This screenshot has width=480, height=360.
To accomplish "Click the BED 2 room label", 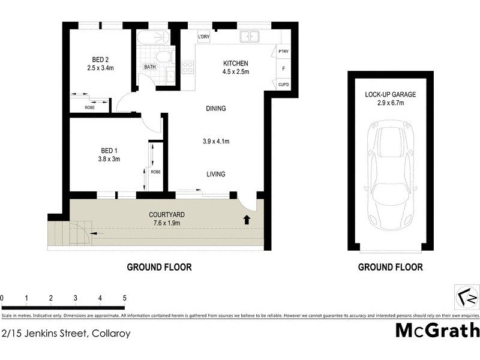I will point(100,59).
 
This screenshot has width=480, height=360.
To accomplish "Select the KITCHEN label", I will point(236,64).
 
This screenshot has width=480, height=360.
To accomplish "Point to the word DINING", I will point(215,109).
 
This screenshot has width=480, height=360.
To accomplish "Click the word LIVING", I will point(215,175).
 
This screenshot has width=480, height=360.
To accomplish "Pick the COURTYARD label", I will point(166,215).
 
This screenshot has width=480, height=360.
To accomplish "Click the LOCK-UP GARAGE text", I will point(391,95).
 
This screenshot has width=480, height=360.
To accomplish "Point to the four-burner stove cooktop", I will point(187,68).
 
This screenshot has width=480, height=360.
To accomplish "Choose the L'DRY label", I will point(203,38).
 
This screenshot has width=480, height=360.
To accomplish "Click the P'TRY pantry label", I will point(284,53).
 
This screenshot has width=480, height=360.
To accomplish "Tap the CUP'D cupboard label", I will point(284,85).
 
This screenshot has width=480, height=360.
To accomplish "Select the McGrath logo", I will point(437,330).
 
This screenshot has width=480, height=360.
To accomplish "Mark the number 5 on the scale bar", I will point(124,298).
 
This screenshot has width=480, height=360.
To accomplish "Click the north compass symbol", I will point(466,298).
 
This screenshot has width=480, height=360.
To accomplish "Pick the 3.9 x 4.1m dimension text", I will point(216,142).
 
